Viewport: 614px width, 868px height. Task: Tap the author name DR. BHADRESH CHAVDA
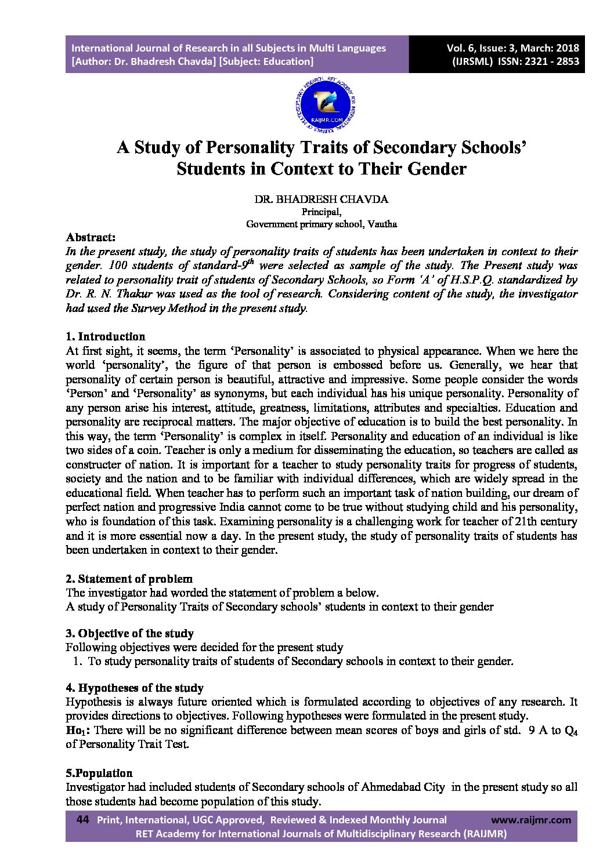[321, 199]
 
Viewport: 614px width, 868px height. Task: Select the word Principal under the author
[321, 212]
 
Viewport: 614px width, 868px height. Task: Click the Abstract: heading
[91, 237]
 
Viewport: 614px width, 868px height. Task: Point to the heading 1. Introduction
[105, 336]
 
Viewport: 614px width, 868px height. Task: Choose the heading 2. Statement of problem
[129, 579]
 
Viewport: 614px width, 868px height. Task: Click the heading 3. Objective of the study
[129, 633]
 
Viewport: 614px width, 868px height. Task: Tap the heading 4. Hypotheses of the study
[134, 688]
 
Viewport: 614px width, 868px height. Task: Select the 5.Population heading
[99, 773]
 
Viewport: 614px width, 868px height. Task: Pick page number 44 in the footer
[82, 820]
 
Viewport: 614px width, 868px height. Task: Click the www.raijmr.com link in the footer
[530, 820]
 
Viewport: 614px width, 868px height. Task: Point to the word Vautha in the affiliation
[382, 224]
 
